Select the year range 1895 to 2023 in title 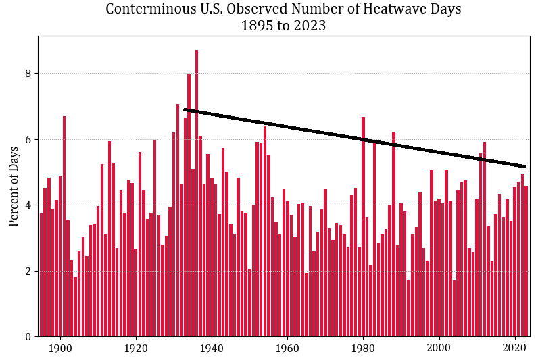pos(283,26)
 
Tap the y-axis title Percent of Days pos(14,186)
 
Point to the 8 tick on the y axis pos(28,74)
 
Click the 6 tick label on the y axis pos(28,140)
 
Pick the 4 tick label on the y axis pos(28,205)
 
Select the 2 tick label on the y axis pos(28,272)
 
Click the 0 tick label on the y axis pos(28,337)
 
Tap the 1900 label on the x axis pos(60,349)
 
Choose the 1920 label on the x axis pos(136,349)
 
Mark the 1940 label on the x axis pos(212,349)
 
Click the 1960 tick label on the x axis pos(287,349)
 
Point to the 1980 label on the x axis pos(363,349)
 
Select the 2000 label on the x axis pos(439,349)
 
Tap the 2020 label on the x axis pos(515,349)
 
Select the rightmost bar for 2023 pos(526,263)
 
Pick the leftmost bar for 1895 pos(41,277)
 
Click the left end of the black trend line pos(185,109)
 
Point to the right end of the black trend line pos(524,166)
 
